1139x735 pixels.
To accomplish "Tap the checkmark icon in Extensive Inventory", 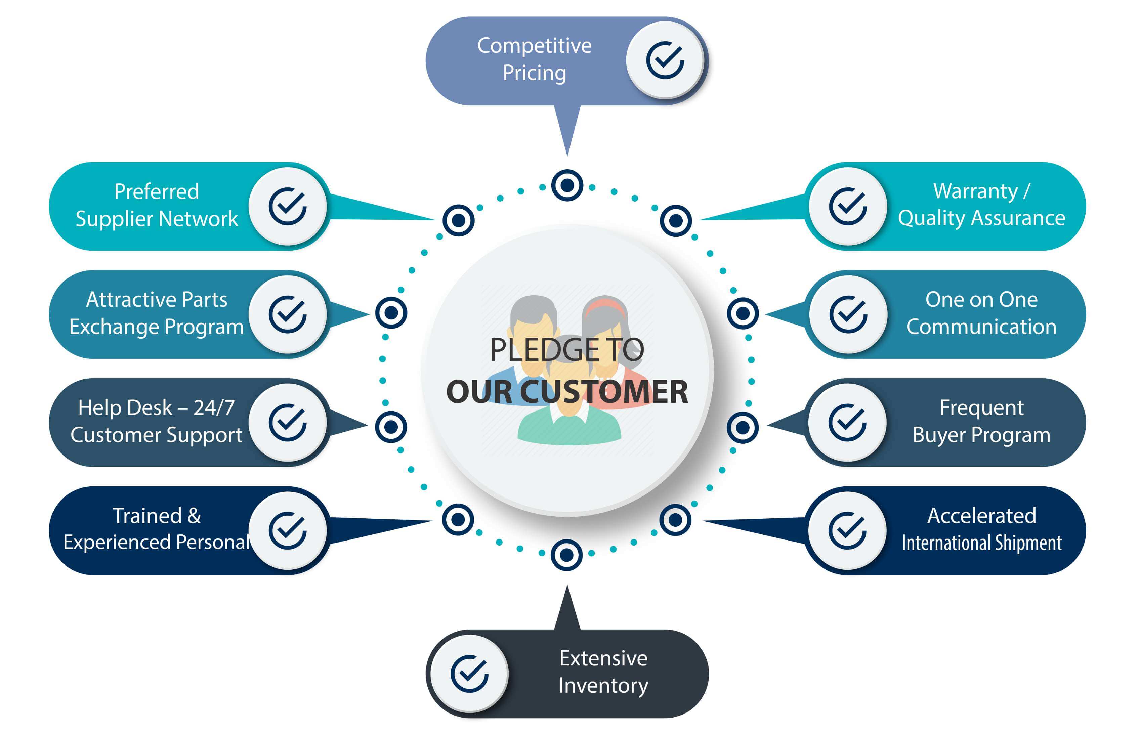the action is point(470,674).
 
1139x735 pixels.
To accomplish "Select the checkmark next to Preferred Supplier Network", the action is point(287,206).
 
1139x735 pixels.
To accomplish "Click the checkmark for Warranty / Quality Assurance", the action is point(848,206).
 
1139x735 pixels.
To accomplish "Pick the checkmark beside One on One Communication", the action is point(848,314).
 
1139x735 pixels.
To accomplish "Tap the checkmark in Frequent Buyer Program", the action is point(847,422).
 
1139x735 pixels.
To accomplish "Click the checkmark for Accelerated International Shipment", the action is point(847,531).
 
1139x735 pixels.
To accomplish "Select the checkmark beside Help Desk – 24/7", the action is point(287,422).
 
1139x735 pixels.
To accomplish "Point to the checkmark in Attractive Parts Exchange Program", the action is point(287,314).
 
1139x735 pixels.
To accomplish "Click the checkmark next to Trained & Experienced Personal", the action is point(287,531).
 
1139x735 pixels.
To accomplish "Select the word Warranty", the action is point(976,192).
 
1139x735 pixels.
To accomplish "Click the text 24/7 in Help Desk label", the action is point(214,407).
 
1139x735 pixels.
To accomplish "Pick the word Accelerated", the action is point(981,515).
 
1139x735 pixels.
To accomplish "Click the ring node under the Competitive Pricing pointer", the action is point(567,185).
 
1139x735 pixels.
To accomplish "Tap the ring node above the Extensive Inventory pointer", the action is point(566,555).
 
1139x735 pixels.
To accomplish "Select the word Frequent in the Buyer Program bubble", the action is point(981,407).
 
